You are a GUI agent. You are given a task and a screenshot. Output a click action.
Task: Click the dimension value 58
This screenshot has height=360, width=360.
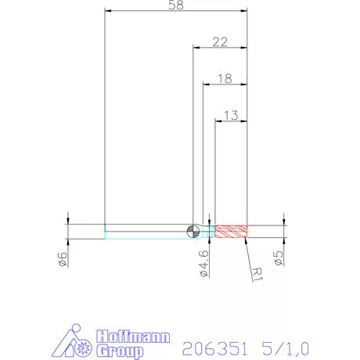176,5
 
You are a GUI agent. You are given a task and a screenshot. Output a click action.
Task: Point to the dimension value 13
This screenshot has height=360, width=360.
232,115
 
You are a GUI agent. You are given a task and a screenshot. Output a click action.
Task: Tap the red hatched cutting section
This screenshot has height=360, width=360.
232,231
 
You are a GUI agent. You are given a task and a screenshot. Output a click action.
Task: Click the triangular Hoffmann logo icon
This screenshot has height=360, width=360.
77,343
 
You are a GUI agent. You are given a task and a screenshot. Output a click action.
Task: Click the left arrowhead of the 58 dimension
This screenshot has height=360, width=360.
109,11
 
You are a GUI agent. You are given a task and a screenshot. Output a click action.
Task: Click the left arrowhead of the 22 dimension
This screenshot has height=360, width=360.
196,47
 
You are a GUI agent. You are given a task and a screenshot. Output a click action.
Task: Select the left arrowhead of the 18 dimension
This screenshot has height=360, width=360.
207,84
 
